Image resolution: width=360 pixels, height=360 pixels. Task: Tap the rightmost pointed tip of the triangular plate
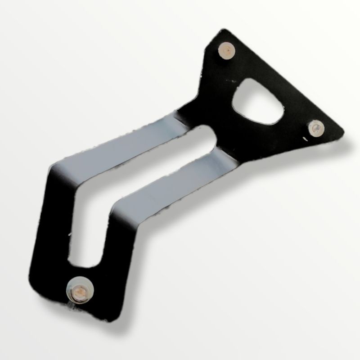pyautogui.click(x=343, y=132)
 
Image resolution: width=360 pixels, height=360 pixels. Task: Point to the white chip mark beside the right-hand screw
pyautogui.click(x=309, y=139)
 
